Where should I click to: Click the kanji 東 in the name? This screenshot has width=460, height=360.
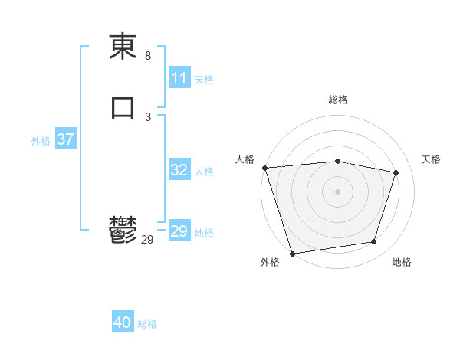pyautogui.click(x=123, y=47)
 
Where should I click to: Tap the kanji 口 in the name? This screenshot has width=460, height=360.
pyautogui.click(x=123, y=108)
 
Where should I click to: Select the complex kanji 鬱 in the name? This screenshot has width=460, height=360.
pyautogui.click(x=123, y=230)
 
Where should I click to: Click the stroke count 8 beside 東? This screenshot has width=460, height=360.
pyautogui.click(x=148, y=56)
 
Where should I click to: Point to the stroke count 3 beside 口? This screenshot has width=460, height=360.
pyautogui.click(x=148, y=117)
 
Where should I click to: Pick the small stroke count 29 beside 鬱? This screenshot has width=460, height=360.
pyautogui.click(x=148, y=240)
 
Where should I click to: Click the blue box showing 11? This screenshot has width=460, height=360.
pyautogui.click(x=179, y=78)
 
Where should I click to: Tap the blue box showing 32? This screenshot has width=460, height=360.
pyautogui.click(x=179, y=170)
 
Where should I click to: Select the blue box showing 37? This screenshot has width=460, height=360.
pyautogui.click(x=65, y=139)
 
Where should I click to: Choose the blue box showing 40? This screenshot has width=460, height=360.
pyautogui.click(x=123, y=322)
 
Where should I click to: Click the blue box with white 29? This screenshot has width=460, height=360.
pyautogui.click(x=179, y=231)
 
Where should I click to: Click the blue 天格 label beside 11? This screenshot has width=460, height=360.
pyautogui.click(x=204, y=80)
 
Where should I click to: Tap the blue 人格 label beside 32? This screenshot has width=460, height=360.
pyautogui.click(x=204, y=172)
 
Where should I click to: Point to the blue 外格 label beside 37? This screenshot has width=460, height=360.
pyautogui.click(x=41, y=141)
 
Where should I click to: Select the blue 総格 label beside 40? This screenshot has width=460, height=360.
pyautogui.click(x=147, y=324)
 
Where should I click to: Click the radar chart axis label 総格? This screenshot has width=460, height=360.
pyautogui.click(x=338, y=100)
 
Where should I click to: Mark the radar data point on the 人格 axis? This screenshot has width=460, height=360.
pyautogui.click(x=264, y=168)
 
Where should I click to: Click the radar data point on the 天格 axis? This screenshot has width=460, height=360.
pyautogui.click(x=396, y=172)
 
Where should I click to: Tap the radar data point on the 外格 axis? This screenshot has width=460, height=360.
pyautogui.click(x=292, y=253)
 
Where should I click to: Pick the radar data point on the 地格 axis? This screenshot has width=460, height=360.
pyautogui.click(x=374, y=242)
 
